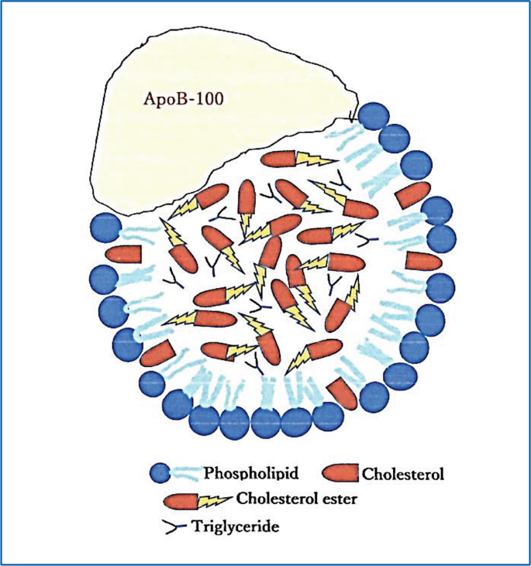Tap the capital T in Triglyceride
point(198,527)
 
